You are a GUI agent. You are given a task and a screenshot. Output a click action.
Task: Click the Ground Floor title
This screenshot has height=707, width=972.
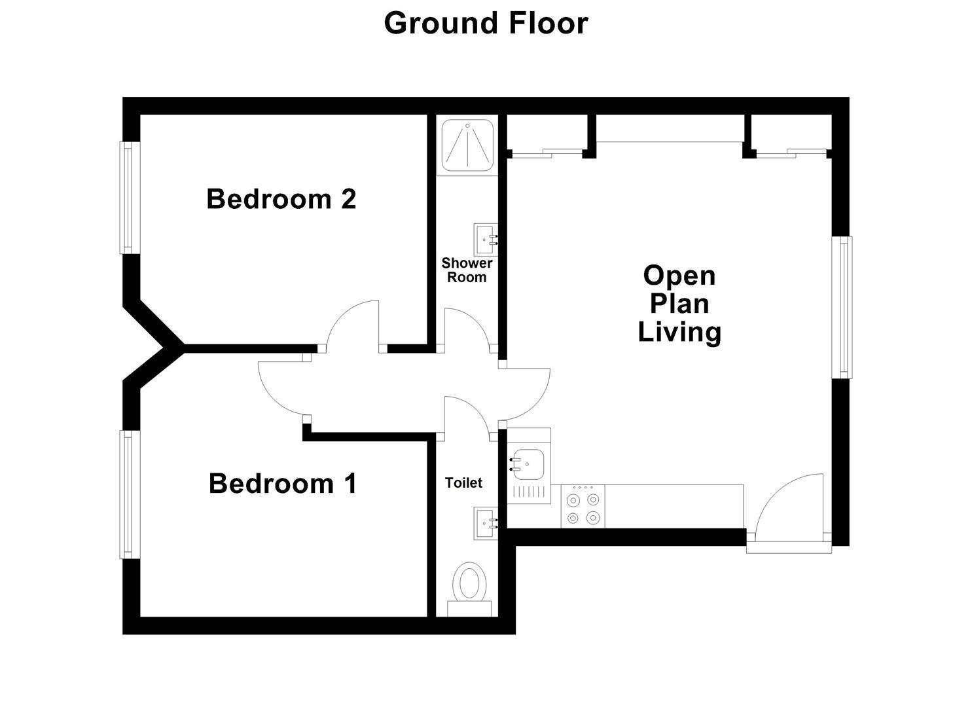click(486, 24)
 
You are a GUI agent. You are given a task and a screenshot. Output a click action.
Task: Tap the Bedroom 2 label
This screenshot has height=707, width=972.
click(281, 199)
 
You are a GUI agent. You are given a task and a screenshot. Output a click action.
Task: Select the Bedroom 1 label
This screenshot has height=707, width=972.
click(283, 484)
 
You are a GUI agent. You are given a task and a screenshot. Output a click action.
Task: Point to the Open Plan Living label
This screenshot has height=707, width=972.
click(679, 304)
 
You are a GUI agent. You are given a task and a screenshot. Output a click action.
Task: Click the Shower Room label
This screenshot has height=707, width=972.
click(467, 270)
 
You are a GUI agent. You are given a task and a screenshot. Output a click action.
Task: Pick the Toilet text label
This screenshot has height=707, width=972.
click(463, 482)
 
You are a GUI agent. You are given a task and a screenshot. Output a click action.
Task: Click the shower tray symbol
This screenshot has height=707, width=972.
click(468, 145)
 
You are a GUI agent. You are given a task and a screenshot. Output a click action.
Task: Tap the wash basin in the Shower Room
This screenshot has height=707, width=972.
click(486, 240)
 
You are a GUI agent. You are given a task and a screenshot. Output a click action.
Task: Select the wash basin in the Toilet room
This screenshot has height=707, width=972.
click(486, 523)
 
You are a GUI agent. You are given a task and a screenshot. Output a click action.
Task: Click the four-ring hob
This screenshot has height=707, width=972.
click(583, 507)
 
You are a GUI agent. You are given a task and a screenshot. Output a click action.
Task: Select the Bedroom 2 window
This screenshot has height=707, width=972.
click(127, 198)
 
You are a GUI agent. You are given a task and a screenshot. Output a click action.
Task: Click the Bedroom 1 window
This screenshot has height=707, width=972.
click(127, 494)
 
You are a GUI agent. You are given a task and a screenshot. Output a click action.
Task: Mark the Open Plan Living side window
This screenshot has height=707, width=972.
click(843, 307)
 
